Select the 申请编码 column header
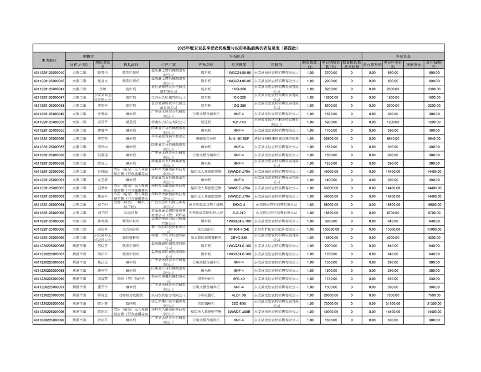pyautogui.click(x=49, y=60)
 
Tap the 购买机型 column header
pyautogui.click(x=239, y=64)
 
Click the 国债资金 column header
pyautogui.click(x=414, y=64)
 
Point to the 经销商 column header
pyautogui.click(x=276, y=64)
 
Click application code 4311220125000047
pyautogui.click(x=49, y=97)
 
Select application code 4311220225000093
pyautogui.click(x=49, y=295)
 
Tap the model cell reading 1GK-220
pyautogui.click(x=239, y=97)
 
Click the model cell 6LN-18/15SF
pyautogui.click(x=239, y=139)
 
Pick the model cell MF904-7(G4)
pyautogui.click(x=239, y=229)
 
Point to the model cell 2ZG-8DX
pyautogui.click(x=239, y=304)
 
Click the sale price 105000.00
pyautogui.click(x=331, y=229)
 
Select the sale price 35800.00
pyautogui.click(x=331, y=139)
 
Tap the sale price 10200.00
pyautogui.click(x=331, y=97)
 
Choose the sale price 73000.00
pyautogui.click(x=331, y=304)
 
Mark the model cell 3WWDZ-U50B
pyautogui.click(x=239, y=312)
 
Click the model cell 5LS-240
pyautogui.click(x=239, y=213)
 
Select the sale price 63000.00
pyautogui.click(x=331, y=188)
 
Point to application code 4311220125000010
pyautogui.click(x=49, y=72)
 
